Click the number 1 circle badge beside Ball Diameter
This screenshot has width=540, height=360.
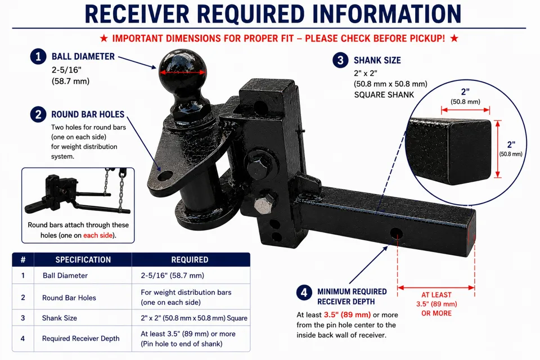[38, 56]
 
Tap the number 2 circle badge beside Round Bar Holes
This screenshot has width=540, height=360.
[38, 114]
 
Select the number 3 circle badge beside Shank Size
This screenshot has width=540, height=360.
[341, 60]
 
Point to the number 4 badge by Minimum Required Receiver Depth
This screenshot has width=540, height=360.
[304, 292]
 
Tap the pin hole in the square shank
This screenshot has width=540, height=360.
[397, 234]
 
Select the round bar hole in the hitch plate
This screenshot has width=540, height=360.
[165, 176]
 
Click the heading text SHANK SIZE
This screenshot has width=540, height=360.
[377, 60]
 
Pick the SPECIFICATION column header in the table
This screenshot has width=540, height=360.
[83, 260]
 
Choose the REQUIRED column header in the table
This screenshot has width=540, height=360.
[190, 260]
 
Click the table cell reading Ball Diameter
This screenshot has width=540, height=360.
[65, 276]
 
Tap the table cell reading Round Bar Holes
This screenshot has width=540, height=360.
[69, 298]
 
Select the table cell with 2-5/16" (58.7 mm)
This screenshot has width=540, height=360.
[172, 276]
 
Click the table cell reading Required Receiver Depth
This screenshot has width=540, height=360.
[80, 339]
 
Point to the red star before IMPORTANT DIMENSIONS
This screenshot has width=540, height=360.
[103, 38]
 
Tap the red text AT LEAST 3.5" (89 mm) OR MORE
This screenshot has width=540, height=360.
[436, 304]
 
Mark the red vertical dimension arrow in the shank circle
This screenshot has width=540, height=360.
[497, 149]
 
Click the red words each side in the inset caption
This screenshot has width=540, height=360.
[98, 235]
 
